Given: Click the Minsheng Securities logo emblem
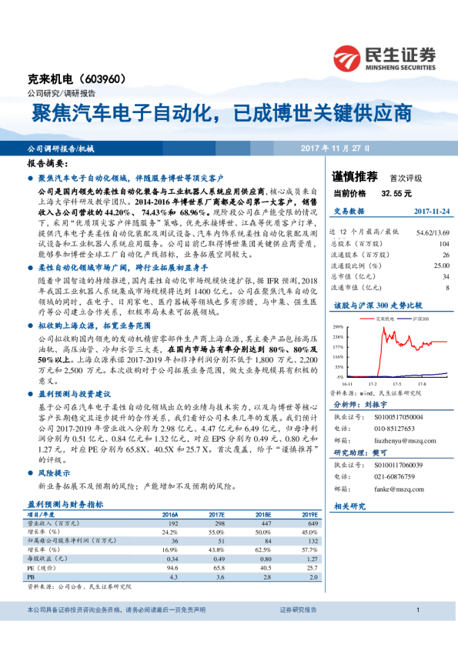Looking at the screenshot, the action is tap(346, 59).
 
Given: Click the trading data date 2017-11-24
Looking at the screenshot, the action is tap(431, 210).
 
